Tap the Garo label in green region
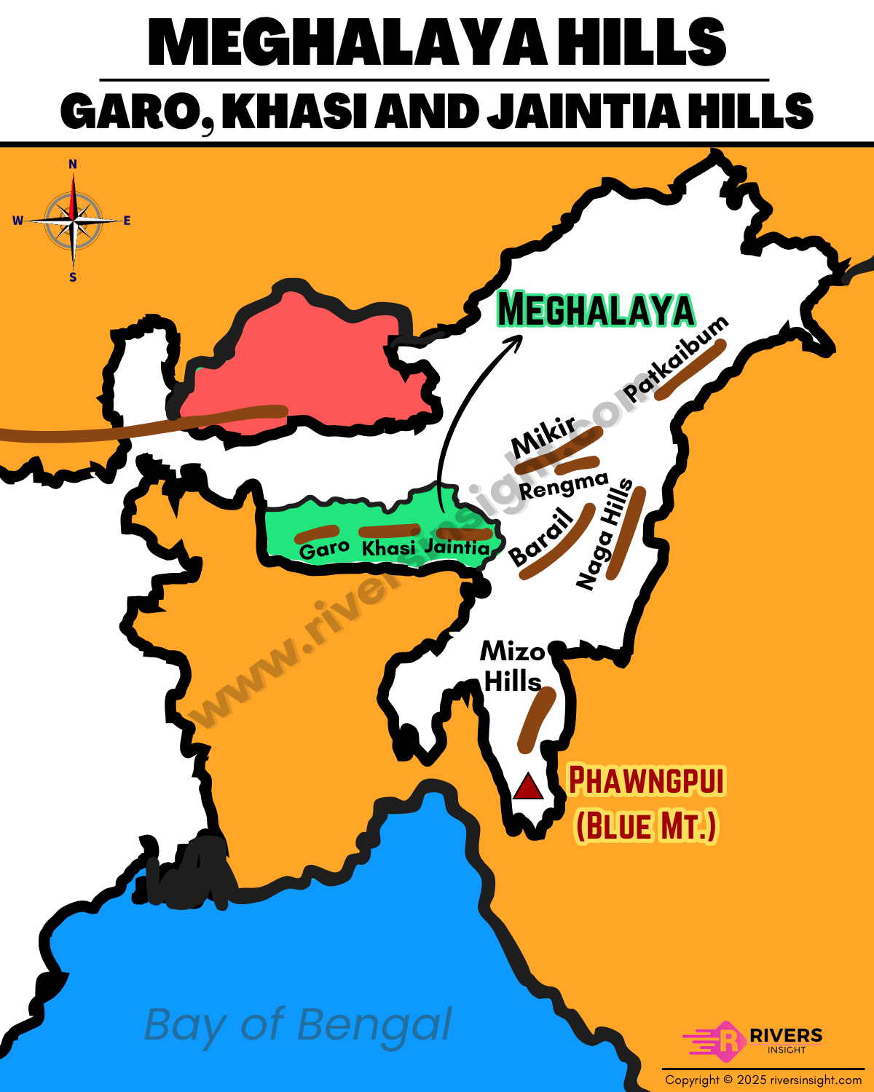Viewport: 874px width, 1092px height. [324, 549]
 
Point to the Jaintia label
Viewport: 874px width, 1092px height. [457, 547]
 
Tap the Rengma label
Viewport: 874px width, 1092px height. [564, 486]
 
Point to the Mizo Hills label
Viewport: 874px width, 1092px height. [513, 666]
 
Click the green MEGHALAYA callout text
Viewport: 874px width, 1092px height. [596, 310]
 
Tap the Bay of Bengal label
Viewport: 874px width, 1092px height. [298, 1025]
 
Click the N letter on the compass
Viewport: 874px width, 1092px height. [73, 165]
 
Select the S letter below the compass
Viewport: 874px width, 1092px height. [73, 277]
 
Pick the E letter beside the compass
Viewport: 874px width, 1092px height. [127, 221]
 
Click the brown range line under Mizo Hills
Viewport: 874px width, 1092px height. [537, 719]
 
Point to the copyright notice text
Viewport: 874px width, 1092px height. [763, 1080]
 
